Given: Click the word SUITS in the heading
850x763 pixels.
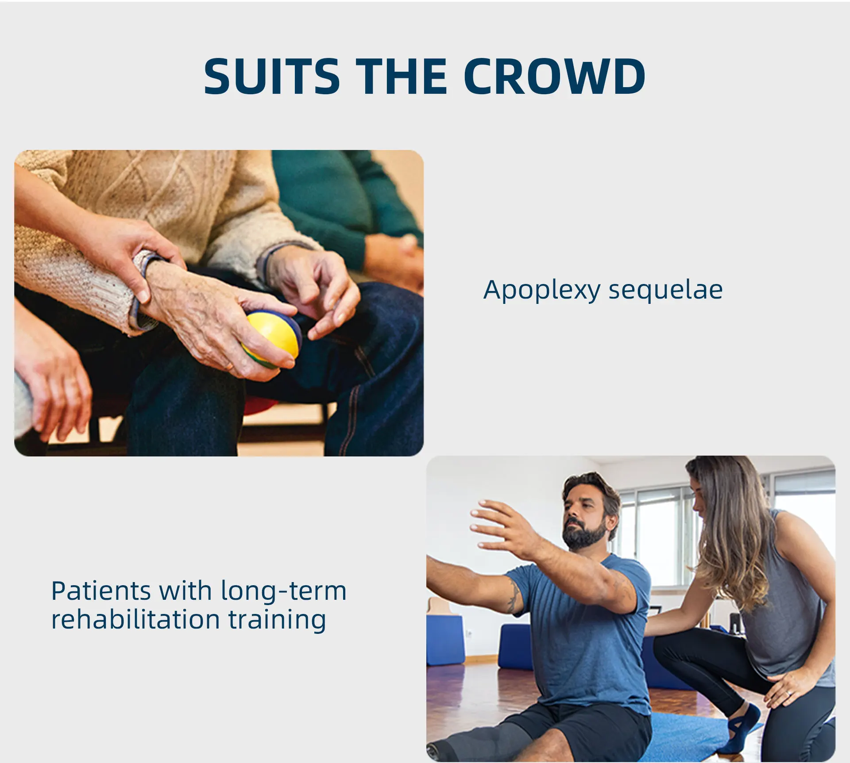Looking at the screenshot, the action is coord(271,76).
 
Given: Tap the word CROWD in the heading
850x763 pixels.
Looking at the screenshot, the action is coord(555,76).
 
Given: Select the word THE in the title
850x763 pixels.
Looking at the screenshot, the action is coord(402,76).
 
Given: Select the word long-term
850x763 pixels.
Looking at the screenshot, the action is coord(283,593).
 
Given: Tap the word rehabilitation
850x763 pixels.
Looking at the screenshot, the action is coord(135,619).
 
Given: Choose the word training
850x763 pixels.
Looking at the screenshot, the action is coord(278,621).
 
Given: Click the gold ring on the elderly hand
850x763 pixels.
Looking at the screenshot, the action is coord(229,366).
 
